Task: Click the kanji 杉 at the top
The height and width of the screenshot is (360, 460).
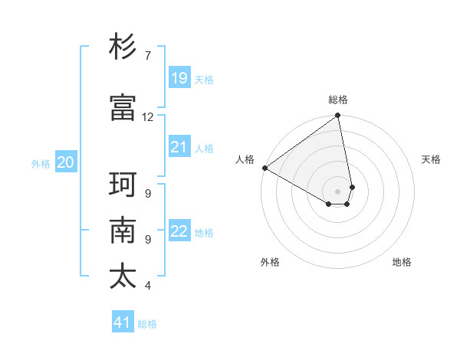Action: coord(123,47)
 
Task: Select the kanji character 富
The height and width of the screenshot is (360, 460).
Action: coord(123,107)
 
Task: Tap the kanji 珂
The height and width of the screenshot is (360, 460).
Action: coord(123,185)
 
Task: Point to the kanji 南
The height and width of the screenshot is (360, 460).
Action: coord(123,231)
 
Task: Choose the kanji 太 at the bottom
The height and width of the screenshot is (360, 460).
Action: coord(123,276)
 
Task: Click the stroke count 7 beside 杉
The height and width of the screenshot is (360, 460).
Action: coord(147,56)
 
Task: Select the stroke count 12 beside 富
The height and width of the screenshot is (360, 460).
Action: coord(148,117)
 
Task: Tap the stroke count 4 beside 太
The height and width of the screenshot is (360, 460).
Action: coord(147,286)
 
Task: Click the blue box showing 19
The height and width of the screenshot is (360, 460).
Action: coord(179,77)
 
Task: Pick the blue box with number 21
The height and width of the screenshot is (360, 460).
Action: coord(179,146)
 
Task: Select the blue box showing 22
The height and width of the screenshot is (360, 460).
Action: coord(179,231)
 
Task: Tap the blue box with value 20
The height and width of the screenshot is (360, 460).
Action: coord(66,162)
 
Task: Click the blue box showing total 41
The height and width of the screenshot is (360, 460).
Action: coord(123,322)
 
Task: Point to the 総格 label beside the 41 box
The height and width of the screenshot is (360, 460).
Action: coord(147,324)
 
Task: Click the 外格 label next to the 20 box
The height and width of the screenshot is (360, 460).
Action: coord(41,163)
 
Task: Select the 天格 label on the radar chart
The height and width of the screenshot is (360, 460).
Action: coord(431,159)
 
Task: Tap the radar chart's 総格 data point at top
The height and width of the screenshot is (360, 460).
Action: coord(337,116)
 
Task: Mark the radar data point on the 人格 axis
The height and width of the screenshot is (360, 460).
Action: coord(264,168)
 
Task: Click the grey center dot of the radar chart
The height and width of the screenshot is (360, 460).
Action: coord(337,191)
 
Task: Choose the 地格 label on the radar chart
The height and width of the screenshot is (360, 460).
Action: coord(402,262)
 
